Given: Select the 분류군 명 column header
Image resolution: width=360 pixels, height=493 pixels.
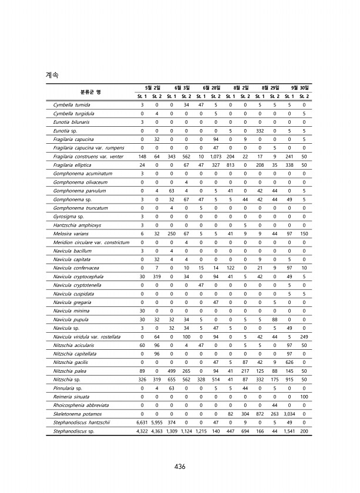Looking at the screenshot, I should click(91, 92).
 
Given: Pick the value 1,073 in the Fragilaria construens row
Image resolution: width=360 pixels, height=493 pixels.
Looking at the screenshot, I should click(216, 157).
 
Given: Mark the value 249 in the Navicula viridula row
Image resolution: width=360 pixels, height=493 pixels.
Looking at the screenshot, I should click(303, 337).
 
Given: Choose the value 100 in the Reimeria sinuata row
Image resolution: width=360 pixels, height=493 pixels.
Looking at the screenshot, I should click(303, 397).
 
